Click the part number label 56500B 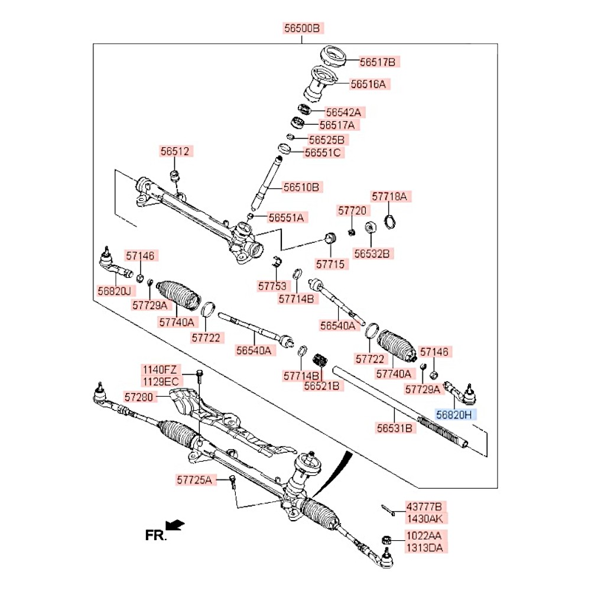pyautogui.click(x=303, y=28)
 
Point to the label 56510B pyautogui.click(x=301, y=187)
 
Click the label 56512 pyautogui.click(x=174, y=151)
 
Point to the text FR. pyautogui.click(x=156, y=535)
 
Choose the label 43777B pyautogui.click(x=423, y=506)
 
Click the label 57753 pyautogui.click(x=272, y=286)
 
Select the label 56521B pyautogui.click(x=322, y=386)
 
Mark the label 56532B pyautogui.click(x=372, y=254)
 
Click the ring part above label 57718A pyautogui.click(x=390, y=222)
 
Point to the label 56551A pyautogui.click(x=285, y=217)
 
